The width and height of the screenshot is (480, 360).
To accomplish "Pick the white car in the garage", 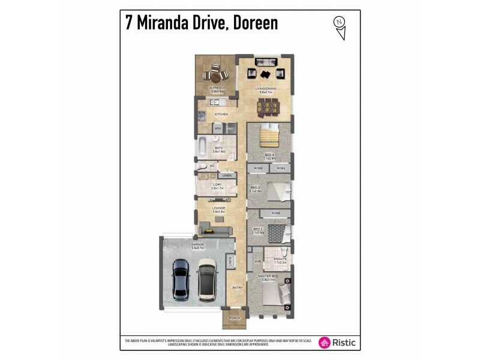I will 208,278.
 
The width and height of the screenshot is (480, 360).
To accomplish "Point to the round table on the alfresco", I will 215,76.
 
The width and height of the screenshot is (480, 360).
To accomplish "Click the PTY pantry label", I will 218,128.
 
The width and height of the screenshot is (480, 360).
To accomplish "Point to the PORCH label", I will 235,317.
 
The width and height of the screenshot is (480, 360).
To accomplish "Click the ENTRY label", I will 238,288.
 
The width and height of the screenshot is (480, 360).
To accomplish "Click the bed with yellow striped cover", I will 268,137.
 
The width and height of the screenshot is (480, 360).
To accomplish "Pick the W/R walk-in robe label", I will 257,261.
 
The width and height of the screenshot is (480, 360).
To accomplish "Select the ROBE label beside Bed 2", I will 276,213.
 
